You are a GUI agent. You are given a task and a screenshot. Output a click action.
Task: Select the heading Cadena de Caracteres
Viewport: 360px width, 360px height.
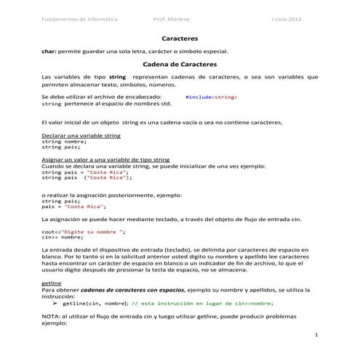point(179,64)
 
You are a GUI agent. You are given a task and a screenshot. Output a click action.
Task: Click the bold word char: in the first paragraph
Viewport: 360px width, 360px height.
point(49,51)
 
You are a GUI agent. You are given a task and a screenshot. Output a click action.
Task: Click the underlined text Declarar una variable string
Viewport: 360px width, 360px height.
point(81,136)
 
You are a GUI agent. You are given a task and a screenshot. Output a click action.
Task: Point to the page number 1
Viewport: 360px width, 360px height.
point(317,338)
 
